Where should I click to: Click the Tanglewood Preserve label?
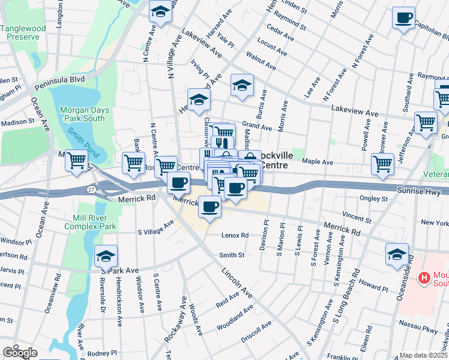click(23, 32)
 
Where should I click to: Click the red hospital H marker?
click(424, 278)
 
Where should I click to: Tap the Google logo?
click(19, 352)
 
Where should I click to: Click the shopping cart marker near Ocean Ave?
click(77, 161)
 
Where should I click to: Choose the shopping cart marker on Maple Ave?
click(382, 163)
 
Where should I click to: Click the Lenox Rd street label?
click(235, 236)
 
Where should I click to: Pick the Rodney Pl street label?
click(101, 353)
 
